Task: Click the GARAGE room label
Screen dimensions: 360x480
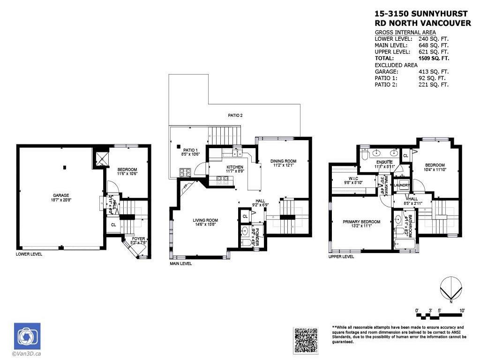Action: click(x=61, y=195)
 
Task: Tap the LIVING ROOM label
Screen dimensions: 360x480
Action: click(x=205, y=220)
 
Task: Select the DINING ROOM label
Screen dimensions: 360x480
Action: click(x=283, y=161)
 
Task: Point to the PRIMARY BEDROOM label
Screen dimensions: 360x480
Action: click(x=361, y=222)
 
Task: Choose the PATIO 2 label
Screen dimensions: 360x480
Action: click(x=235, y=115)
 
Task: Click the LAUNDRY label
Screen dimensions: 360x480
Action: click(x=402, y=185)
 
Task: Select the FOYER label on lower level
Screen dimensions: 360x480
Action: click(x=138, y=239)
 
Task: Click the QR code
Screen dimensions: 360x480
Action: click(x=306, y=340)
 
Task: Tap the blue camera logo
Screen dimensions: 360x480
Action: click(x=27, y=336)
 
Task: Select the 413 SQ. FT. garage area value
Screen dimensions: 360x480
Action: click(x=434, y=72)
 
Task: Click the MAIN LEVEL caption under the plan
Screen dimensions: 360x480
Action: click(x=180, y=263)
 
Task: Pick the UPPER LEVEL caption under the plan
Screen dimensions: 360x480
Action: click(x=341, y=257)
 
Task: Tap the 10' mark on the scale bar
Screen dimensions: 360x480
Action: click(x=462, y=310)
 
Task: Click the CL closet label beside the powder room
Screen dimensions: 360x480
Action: click(x=245, y=216)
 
